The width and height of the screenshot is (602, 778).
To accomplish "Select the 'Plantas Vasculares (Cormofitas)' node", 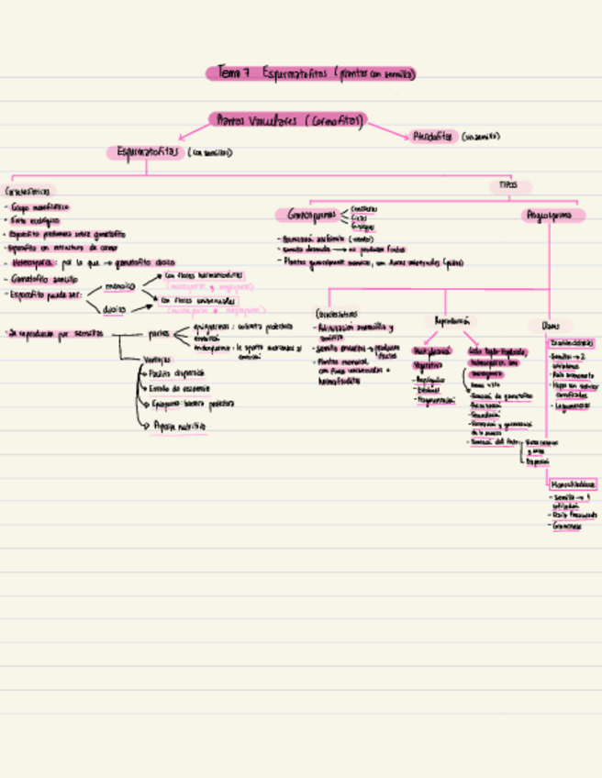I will click(x=289, y=120).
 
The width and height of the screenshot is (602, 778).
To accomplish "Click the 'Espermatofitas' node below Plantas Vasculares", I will click(x=145, y=152).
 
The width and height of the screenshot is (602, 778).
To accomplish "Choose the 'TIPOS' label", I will click(x=507, y=185).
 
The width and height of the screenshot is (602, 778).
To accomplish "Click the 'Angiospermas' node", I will click(x=552, y=216).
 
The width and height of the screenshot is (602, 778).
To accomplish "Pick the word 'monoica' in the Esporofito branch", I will click(x=119, y=286).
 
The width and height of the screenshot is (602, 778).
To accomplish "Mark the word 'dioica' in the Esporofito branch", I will click(x=114, y=309).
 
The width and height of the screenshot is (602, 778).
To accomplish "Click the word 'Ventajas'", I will click(x=156, y=359).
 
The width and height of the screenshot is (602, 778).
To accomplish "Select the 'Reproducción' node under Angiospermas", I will click(x=451, y=321).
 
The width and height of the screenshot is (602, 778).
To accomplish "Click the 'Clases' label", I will click(x=550, y=326).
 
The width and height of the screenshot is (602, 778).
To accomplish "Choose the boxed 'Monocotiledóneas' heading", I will click(x=574, y=483).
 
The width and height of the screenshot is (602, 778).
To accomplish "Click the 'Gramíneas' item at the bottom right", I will click(x=567, y=527).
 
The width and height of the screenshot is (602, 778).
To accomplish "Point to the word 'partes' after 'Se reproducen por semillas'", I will click(x=158, y=334).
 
